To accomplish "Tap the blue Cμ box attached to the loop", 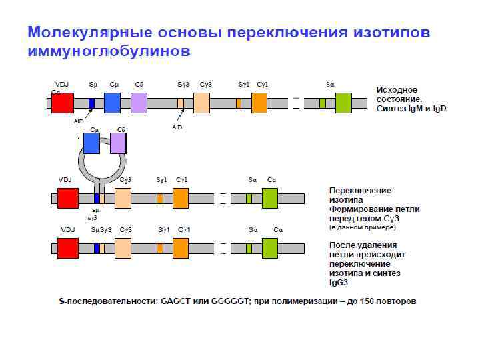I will (91, 143).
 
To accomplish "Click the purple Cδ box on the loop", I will (118, 143).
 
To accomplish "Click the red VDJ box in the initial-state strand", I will (62, 103).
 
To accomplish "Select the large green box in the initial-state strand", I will (343, 103).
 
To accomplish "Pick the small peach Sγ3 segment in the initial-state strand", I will (181, 103).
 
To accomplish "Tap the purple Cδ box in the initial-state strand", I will (139, 103).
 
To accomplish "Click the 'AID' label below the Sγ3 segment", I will (177, 127).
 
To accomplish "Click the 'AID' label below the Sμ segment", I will (79, 121).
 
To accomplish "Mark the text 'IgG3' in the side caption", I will (340, 283).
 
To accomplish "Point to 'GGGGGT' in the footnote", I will (230, 301).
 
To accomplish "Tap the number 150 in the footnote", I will (369, 301).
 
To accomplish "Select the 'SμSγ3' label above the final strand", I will (101, 230).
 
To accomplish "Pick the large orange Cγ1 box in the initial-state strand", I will (259, 103).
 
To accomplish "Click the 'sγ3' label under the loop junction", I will (93, 217).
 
